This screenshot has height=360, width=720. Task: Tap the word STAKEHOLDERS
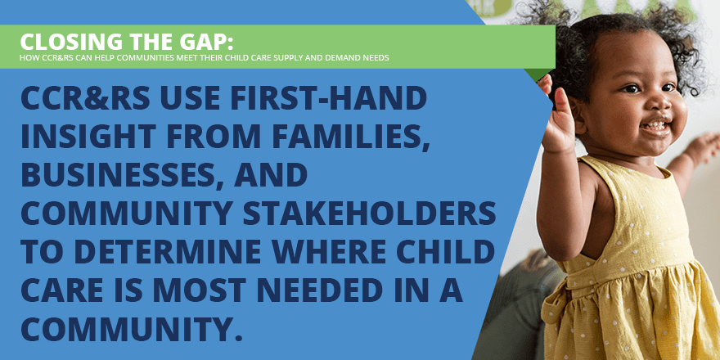click(370, 214)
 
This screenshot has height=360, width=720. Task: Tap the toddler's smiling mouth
click(655, 126)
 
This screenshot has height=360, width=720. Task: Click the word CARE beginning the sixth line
click(58, 291)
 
